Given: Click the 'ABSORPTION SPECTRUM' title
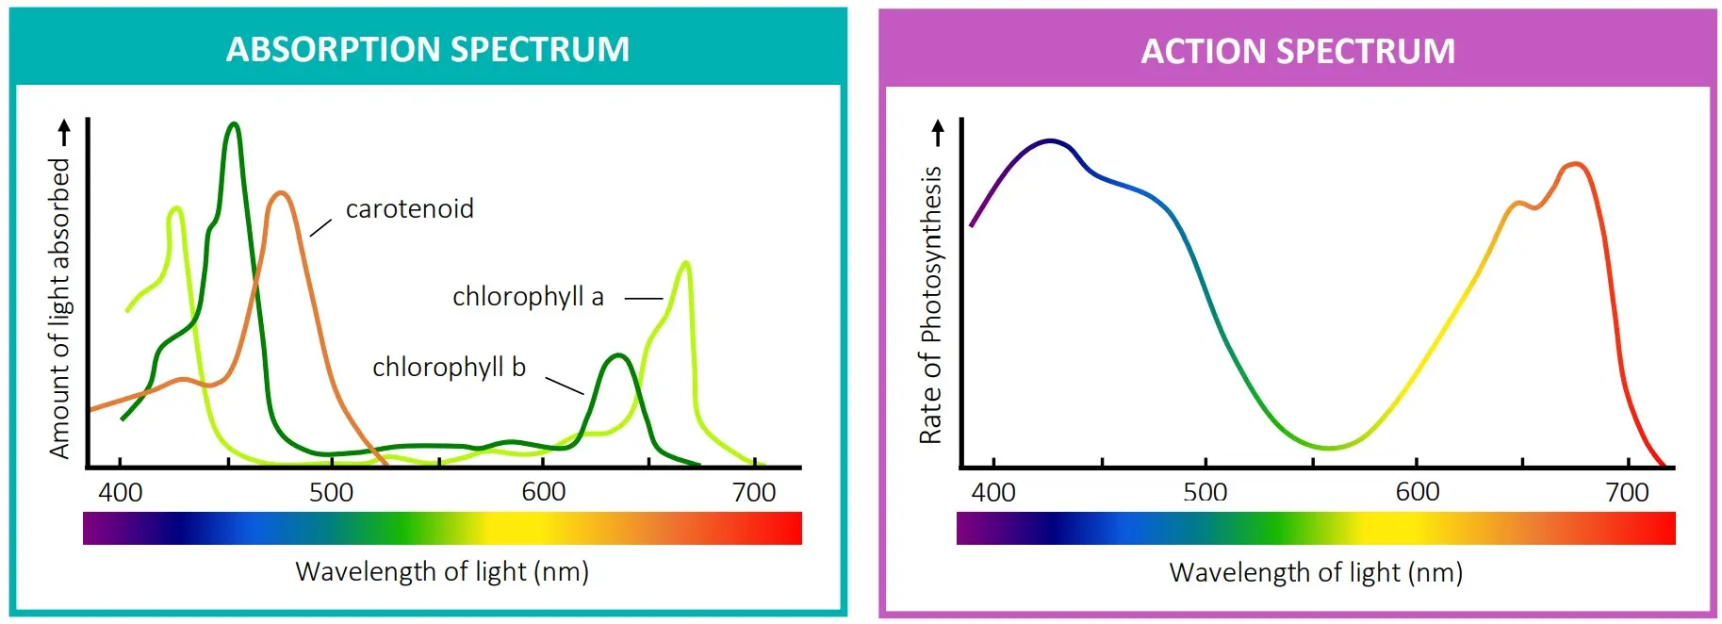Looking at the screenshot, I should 428,49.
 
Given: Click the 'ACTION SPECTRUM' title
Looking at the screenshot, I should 1298,51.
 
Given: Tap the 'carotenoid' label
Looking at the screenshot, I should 409,208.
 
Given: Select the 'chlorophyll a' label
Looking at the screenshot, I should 528,297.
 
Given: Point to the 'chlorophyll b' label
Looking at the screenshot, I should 449,367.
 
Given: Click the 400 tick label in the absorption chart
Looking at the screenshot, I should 121,492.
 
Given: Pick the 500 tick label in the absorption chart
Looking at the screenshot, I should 332,492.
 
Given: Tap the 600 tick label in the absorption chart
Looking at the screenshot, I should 544,492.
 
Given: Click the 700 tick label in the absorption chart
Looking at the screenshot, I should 754,492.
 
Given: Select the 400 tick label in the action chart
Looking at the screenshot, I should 993,492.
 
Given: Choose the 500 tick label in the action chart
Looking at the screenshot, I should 1205,492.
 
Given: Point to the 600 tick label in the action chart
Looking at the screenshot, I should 1418,492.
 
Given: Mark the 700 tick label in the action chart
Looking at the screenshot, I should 1628,492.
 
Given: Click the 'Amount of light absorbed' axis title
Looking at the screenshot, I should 59,307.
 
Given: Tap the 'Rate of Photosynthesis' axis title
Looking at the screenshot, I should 931,304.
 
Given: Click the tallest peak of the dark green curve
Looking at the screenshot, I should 234,124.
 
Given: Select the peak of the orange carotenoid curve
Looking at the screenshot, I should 280,193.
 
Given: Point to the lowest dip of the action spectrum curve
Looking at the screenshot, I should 1329,448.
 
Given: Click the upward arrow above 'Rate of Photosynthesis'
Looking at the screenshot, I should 937,133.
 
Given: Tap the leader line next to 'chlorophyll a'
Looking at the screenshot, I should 644,299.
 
